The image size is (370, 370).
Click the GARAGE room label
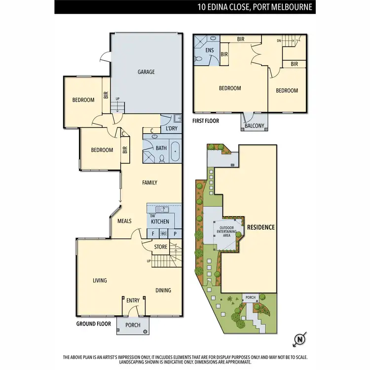146,72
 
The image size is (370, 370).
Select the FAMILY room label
149,183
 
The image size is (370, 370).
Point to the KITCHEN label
160,222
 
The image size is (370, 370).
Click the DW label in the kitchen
152,216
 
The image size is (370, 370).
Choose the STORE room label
161,247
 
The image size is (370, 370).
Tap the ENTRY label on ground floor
133,300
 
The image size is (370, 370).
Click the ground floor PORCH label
133,325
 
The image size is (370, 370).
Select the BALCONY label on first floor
255,126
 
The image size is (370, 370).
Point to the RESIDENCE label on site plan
261,227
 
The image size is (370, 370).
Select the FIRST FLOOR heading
205,120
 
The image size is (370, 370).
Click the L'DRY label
171,129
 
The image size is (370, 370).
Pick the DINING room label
163,290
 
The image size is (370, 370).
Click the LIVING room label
100,280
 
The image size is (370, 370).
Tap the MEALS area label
124,221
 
